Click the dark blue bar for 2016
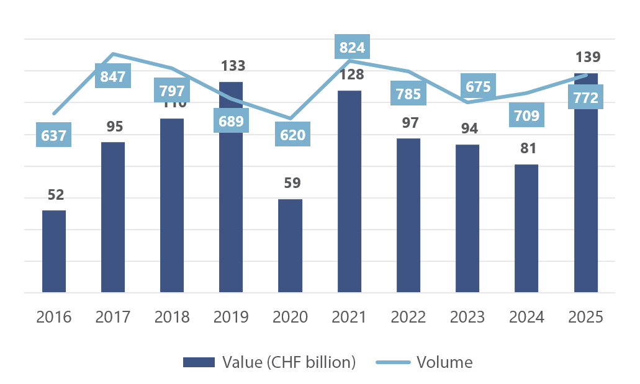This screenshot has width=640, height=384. pyautogui.click(x=54, y=251)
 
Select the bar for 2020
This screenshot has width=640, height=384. pyautogui.click(x=290, y=246)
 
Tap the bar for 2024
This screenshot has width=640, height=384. pyautogui.click(x=526, y=228)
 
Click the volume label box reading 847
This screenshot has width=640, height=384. pyautogui.click(x=113, y=77)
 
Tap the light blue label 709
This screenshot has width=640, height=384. pyautogui.click(x=526, y=115)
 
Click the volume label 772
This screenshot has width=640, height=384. pyautogui.click(x=585, y=98)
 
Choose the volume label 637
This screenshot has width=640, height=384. pyautogui.click(x=53, y=135)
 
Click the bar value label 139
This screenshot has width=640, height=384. pyautogui.click(x=588, y=58)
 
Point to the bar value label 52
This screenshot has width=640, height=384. pyautogui.click(x=56, y=195)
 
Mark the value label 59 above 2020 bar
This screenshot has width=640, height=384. pyautogui.click(x=292, y=183)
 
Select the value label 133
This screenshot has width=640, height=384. pyautogui.click(x=233, y=66)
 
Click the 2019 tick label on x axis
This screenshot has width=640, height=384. pyautogui.click(x=231, y=317)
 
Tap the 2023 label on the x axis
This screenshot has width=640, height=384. pyautogui.click(x=467, y=317)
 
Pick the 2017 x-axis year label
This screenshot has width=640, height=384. pyautogui.click(x=113, y=317)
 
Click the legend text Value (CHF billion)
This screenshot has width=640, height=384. pyautogui.click(x=289, y=362)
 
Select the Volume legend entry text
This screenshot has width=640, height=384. pyautogui.click(x=444, y=362)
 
